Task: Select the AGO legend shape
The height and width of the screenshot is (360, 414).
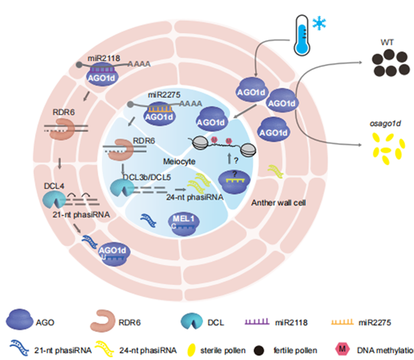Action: [21, 323]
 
